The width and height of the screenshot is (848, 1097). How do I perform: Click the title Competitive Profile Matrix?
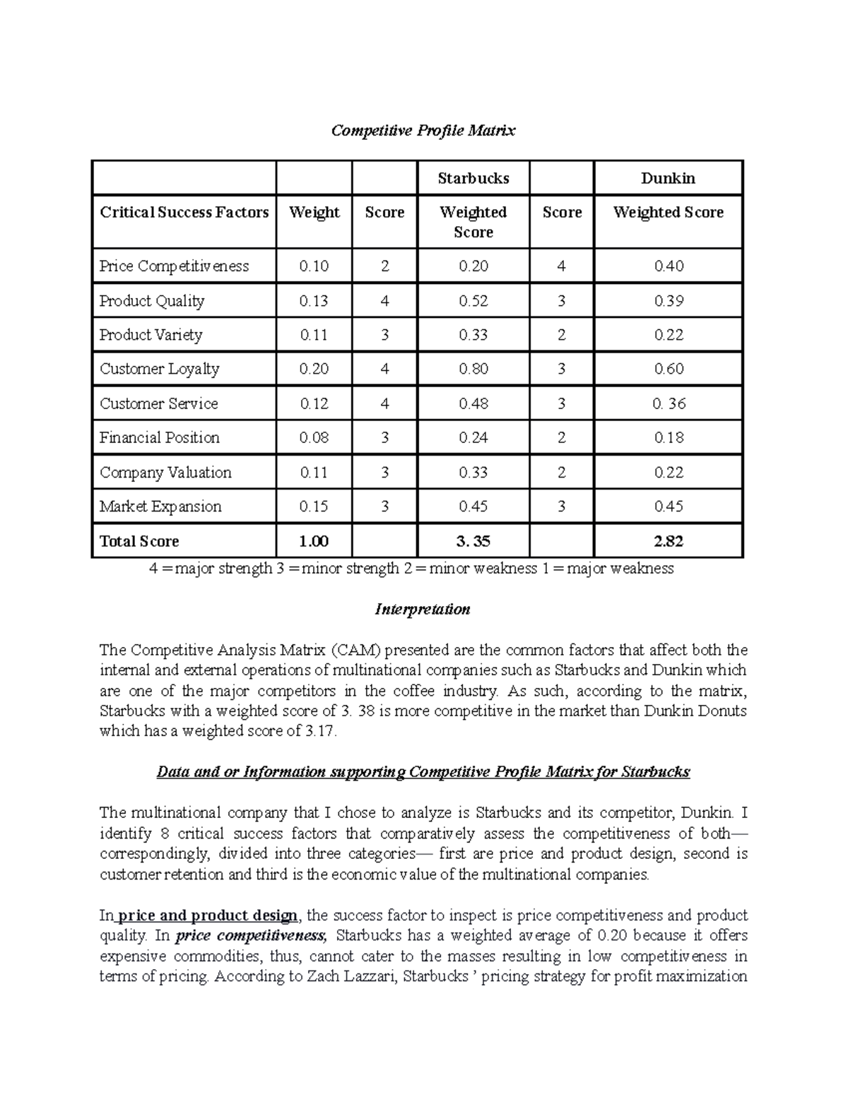pos(423,131)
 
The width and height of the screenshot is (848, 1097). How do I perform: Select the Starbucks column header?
pos(473,178)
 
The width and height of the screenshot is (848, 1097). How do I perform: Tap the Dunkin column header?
pos(668,178)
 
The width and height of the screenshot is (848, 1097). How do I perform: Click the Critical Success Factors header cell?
pos(184,213)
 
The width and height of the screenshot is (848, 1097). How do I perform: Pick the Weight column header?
pos(314,213)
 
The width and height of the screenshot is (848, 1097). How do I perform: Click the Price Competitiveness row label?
pos(174,266)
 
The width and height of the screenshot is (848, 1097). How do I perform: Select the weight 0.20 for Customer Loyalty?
pos(314,369)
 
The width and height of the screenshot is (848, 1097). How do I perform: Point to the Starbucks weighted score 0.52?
pos(473,301)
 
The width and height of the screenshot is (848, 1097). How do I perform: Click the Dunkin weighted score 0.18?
pos(669,437)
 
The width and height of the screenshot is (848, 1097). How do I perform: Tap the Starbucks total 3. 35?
pos(473,542)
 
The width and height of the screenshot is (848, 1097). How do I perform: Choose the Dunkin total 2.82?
pos(669,542)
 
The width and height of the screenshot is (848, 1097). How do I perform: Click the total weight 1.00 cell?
pos(314,542)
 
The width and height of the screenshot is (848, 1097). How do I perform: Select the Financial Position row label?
pos(160,437)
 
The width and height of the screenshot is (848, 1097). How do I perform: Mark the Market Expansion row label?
pos(160,506)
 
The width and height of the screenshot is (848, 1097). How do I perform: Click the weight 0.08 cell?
pos(314,437)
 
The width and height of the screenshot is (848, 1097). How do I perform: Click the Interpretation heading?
pos(423,610)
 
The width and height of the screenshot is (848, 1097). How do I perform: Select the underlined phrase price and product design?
pos(207,916)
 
